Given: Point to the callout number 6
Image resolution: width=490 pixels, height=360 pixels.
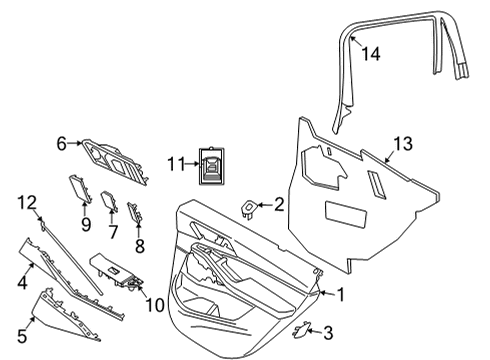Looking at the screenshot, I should point(61,144).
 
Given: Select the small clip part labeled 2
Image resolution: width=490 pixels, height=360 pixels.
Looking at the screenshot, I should point(249,208).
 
